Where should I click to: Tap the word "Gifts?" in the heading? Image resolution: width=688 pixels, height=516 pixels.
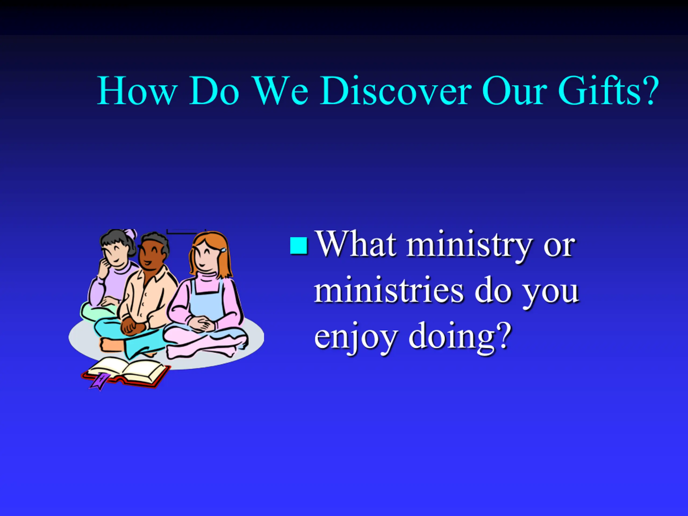pos(608,91)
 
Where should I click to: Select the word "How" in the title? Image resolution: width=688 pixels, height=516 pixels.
pos(137,91)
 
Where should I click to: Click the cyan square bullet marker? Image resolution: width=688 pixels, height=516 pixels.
pos(299,246)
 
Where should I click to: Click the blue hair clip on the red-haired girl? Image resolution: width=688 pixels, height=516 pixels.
pos(223,250)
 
